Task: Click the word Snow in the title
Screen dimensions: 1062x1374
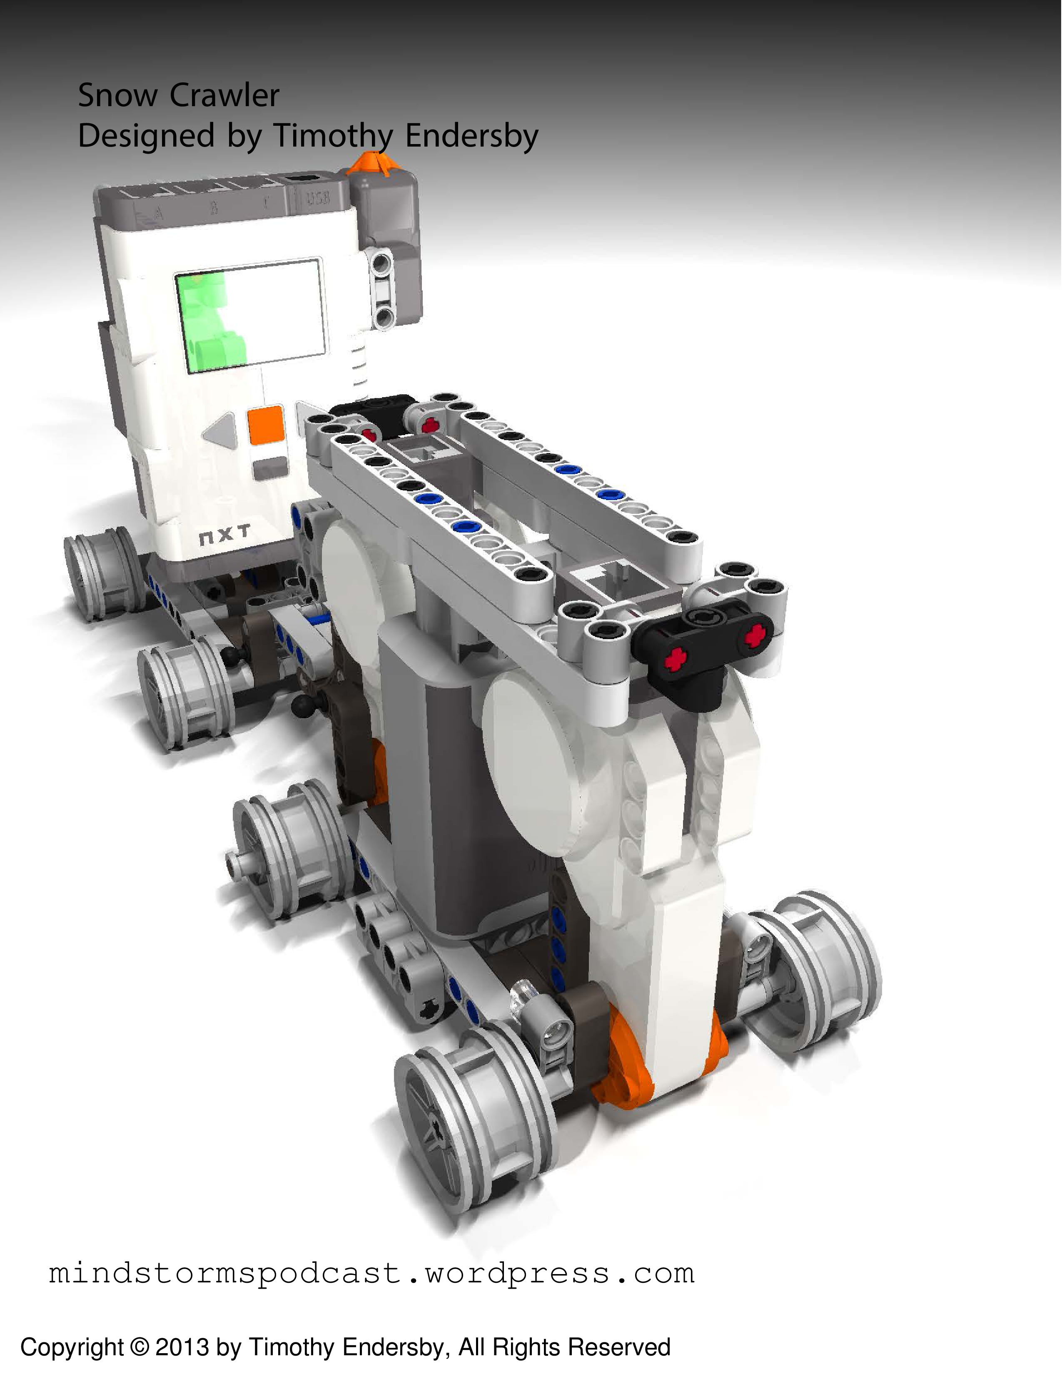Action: [x=117, y=96]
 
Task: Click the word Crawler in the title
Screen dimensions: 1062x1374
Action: [x=224, y=96]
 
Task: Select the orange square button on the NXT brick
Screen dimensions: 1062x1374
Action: [x=266, y=425]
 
